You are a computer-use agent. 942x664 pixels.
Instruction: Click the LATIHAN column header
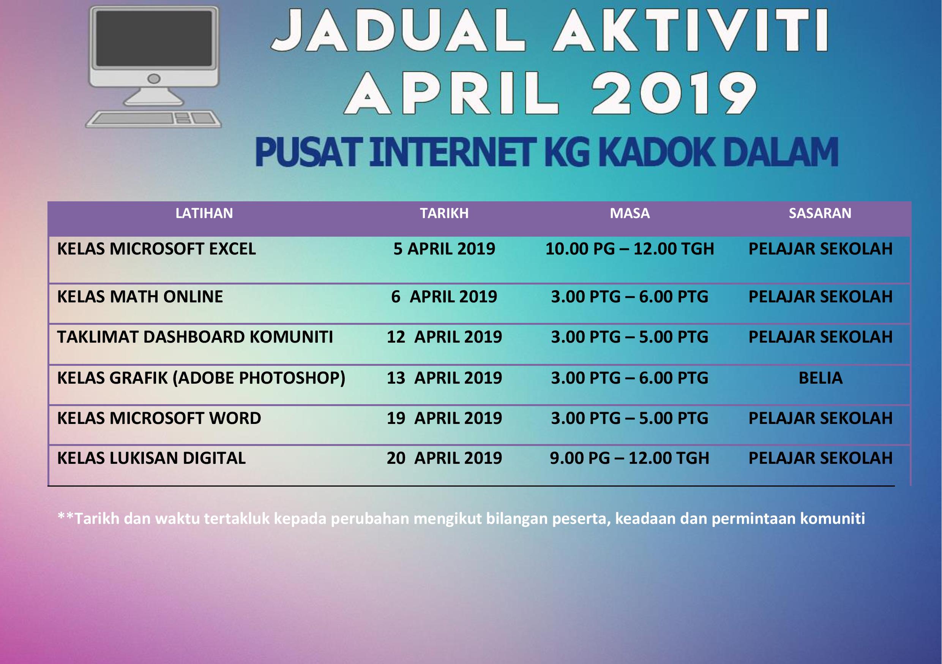(x=204, y=213)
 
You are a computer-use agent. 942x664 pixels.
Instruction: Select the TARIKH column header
(x=444, y=213)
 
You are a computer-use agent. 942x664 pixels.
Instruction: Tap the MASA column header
(x=630, y=213)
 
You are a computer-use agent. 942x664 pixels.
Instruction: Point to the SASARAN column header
(x=820, y=213)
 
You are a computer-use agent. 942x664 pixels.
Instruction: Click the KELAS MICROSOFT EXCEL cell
(x=156, y=249)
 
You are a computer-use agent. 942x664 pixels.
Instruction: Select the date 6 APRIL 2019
(x=444, y=297)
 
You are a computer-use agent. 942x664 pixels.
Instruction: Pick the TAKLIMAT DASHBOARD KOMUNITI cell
(x=195, y=337)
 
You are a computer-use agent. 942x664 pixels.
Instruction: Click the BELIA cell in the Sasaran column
(x=820, y=378)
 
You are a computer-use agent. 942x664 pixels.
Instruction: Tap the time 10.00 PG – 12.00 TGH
(x=630, y=249)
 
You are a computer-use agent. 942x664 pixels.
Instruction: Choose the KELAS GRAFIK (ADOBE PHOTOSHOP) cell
(x=201, y=378)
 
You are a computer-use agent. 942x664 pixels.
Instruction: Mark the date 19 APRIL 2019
(x=444, y=418)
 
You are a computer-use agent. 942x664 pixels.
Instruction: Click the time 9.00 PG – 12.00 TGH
(x=630, y=458)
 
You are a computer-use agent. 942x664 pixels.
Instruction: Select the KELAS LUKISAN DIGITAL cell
(x=151, y=458)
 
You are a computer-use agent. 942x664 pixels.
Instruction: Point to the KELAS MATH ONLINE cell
(x=140, y=297)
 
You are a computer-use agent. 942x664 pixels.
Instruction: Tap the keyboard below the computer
(x=153, y=119)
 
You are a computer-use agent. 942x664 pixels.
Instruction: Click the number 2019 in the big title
(x=673, y=93)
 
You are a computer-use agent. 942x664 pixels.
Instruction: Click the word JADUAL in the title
(x=399, y=31)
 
